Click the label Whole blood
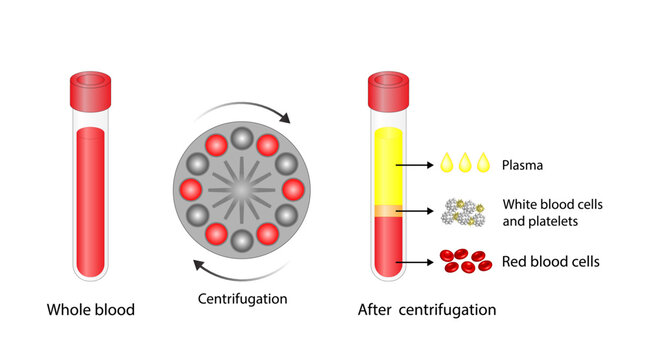point(91,310)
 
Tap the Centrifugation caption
point(243,298)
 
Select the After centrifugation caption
point(427,310)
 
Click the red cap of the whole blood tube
point(91,91)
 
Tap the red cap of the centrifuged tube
point(387,91)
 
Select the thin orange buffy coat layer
point(387,211)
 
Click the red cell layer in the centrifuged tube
point(387,245)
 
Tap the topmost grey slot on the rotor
point(243,136)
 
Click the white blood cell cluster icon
point(463,212)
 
